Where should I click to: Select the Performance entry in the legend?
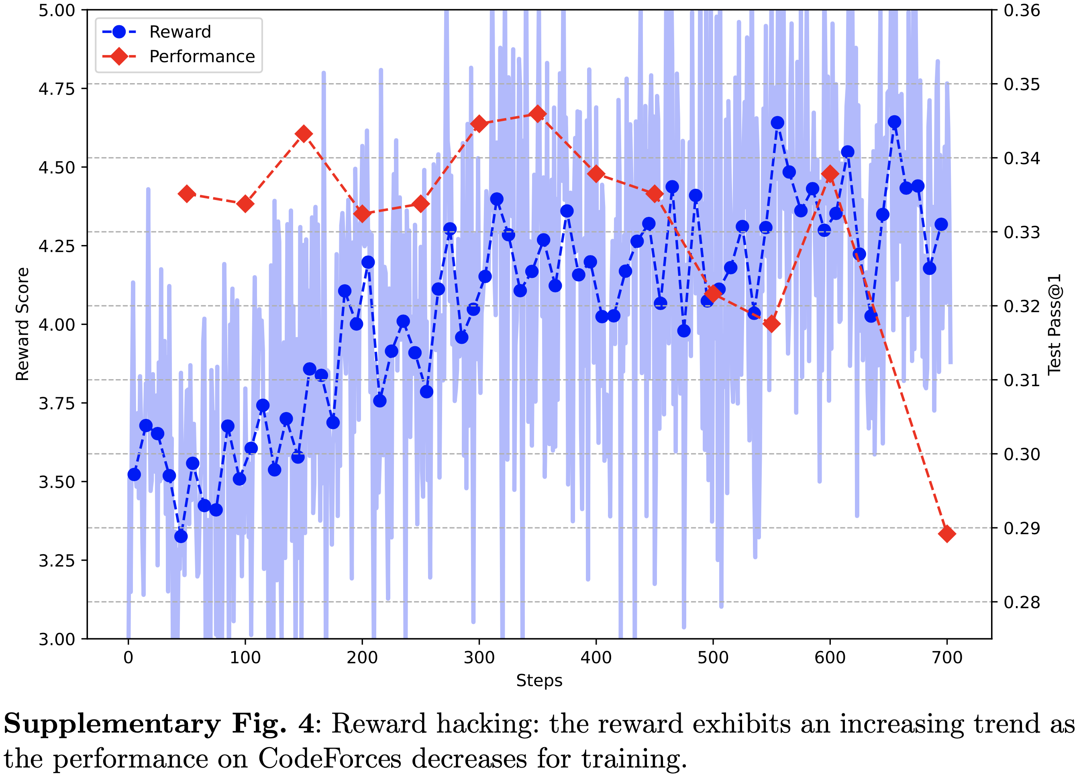tap(202, 57)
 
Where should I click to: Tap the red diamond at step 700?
tap(946, 533)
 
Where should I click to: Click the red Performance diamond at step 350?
tap(538, 114)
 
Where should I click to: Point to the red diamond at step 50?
tap(187, 194)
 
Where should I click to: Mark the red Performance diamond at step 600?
tap(830, 174)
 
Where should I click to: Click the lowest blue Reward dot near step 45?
tap(181, 536)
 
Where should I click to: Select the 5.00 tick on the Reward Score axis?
tap(57, 10)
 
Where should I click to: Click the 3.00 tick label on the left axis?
tap(57, 639)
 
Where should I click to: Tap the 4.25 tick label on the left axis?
tap(57, 246)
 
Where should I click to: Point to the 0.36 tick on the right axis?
tap(1022, 10)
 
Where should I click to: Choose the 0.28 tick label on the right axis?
tap(1022, 602)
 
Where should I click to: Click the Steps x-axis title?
tap(539, 680)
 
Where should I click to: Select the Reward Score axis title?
tap(22, 324)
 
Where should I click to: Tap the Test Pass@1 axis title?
tap(1054, 324)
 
